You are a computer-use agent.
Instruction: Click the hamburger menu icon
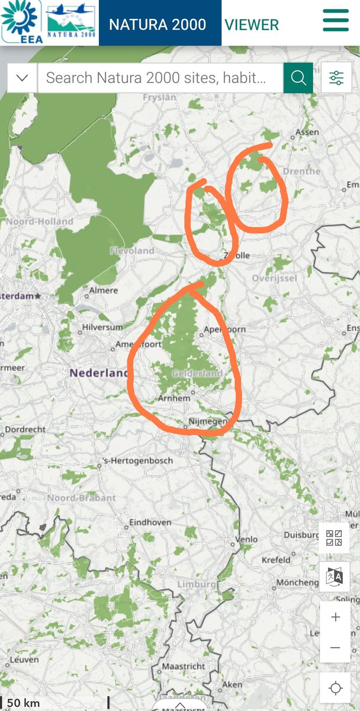click(336, 21)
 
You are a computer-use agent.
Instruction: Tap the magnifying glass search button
click(298, 78)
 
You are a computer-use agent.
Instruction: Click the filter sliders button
click(336, 78)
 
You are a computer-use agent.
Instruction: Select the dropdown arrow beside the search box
click(22, 78)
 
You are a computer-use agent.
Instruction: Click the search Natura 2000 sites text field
click(160, 78)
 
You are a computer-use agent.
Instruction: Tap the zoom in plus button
click(336, 617)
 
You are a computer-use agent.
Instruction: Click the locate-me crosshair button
click(336, 688)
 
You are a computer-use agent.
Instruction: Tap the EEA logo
click(21, 22)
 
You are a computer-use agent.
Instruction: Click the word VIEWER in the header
click(252, 24)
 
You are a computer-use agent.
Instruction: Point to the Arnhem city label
click(174, 398)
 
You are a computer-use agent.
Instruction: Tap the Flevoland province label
click(131, 251)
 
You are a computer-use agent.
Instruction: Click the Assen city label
click(306, 132)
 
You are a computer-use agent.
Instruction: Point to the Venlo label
click(247, 539)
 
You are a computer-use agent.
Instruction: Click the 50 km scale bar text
click(24, 703)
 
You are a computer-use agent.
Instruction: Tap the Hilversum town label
click(104, 327)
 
